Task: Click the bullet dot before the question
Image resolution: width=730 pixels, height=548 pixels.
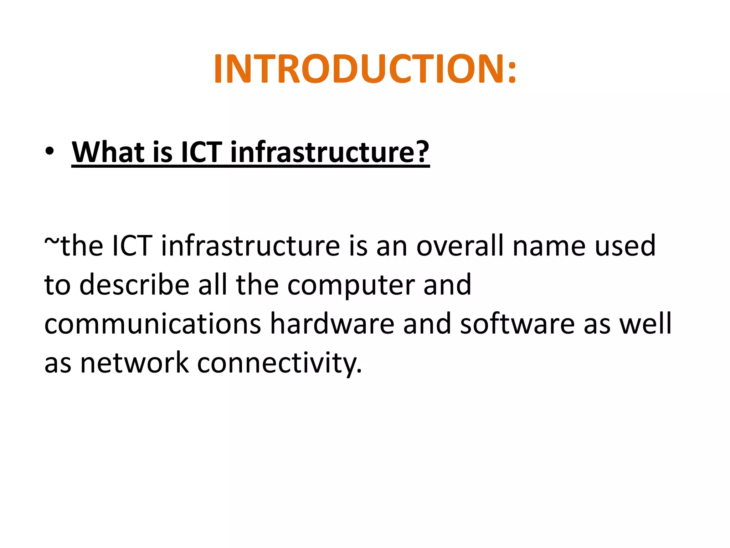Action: pos(50,151)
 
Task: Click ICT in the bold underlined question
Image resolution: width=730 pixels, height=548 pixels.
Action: pos(202,152)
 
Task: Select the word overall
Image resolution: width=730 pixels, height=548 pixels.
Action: pos(460,246)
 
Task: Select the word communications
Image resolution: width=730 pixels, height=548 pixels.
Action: pos(153,324)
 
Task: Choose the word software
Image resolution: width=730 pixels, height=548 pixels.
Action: pos(517,324)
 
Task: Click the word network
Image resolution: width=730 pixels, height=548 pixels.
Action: pos(134,363)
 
